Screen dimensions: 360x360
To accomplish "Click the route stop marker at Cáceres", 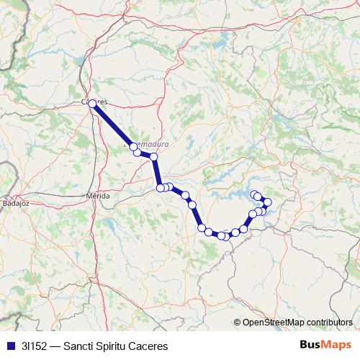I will (x=92, y=104).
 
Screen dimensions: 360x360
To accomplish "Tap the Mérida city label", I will (x=98, y=196).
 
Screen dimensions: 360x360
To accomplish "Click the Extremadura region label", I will (x=148, y=144).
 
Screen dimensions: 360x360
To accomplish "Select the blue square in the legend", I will (x=10, y=346).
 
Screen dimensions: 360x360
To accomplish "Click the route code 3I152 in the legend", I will (x=35, y=346).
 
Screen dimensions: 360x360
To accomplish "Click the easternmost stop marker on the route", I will (x=268, y=202).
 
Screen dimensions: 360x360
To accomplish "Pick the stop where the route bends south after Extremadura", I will (x=153, y=156).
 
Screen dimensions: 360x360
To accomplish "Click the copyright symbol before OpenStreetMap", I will (x=238, y=323).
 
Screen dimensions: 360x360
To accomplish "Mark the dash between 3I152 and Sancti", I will (x=56, y=346).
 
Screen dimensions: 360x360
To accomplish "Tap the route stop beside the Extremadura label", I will (x=137, y=152).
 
